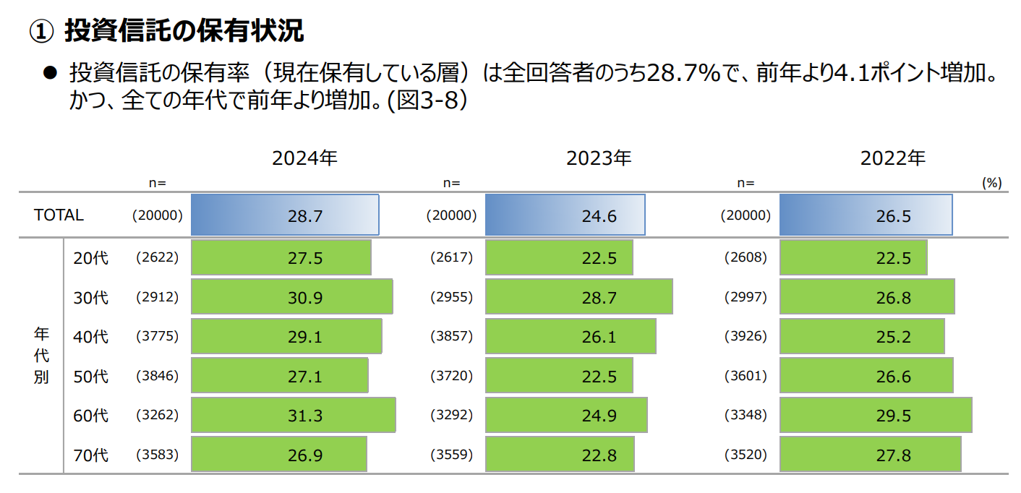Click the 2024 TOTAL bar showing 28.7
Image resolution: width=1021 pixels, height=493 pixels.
[284, 215]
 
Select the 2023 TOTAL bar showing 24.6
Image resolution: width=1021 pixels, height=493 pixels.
[565, 215]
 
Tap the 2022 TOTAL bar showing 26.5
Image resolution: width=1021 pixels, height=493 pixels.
[866, 215]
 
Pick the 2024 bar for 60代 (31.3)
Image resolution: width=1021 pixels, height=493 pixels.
[293, 416]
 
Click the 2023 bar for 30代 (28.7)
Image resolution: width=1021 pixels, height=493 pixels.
[578, 297]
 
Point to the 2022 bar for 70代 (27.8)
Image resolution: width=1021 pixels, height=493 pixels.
[870, 455]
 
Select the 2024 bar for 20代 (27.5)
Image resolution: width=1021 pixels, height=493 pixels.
[281, 258]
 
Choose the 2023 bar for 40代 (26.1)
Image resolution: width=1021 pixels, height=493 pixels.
[571, 337]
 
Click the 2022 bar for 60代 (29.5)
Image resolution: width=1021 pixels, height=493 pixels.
[875, 416]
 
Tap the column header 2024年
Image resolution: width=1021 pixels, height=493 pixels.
[304, 158]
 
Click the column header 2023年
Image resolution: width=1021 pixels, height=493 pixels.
[599, 158]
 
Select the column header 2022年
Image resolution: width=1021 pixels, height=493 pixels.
[892, 158]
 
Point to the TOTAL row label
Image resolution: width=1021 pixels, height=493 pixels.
[59, 215]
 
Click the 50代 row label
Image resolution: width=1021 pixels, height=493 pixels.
[90, 377]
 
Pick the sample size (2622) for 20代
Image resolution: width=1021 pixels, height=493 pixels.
[157, 258]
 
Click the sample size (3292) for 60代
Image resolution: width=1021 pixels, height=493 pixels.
[451, 416]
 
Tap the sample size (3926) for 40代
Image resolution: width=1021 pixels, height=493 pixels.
[746, 337]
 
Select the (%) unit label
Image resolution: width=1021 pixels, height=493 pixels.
[991, 183]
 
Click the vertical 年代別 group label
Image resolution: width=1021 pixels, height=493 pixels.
[41, 356]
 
